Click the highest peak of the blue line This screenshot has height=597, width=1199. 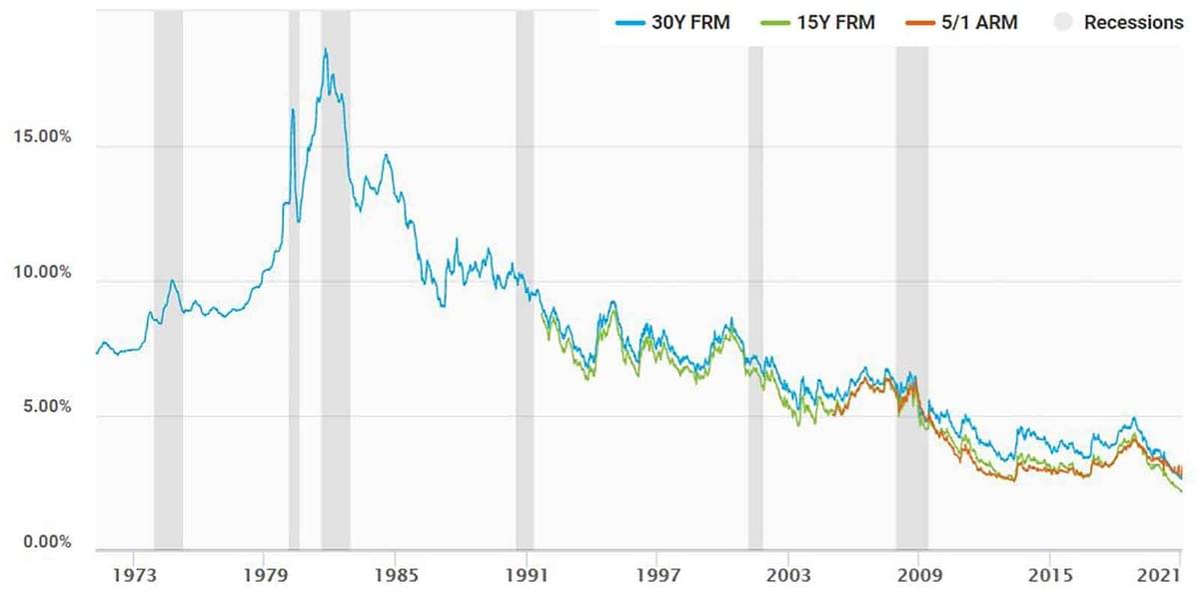click(325, 49)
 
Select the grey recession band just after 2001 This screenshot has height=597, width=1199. click(755, 300)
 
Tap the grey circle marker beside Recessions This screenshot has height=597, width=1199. click(1065, 22)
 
